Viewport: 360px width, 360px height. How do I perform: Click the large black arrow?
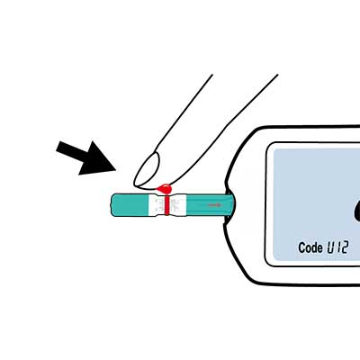click(87, 157)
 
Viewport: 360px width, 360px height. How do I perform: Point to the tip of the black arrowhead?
click(116, 170)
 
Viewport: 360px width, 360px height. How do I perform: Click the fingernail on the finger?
click(147, 168)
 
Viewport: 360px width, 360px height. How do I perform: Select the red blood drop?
click(164, 189)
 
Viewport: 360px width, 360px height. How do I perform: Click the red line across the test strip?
click(166, 204)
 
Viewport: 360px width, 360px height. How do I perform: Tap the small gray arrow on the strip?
click(215, 205)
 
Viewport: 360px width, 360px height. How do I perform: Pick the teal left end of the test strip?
click(130, 205)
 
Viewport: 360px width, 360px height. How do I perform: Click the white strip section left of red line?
click(157, 205)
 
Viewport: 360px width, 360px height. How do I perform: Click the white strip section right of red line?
click(177, 205)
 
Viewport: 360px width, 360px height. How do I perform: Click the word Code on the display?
click(310, 247)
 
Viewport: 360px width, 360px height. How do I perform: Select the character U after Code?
click(330, 247)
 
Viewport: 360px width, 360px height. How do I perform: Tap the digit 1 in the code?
click(337, 247)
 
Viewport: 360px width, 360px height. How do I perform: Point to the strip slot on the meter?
click(230, 205)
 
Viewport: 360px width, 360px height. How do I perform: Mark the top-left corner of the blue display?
click(274, 149)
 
